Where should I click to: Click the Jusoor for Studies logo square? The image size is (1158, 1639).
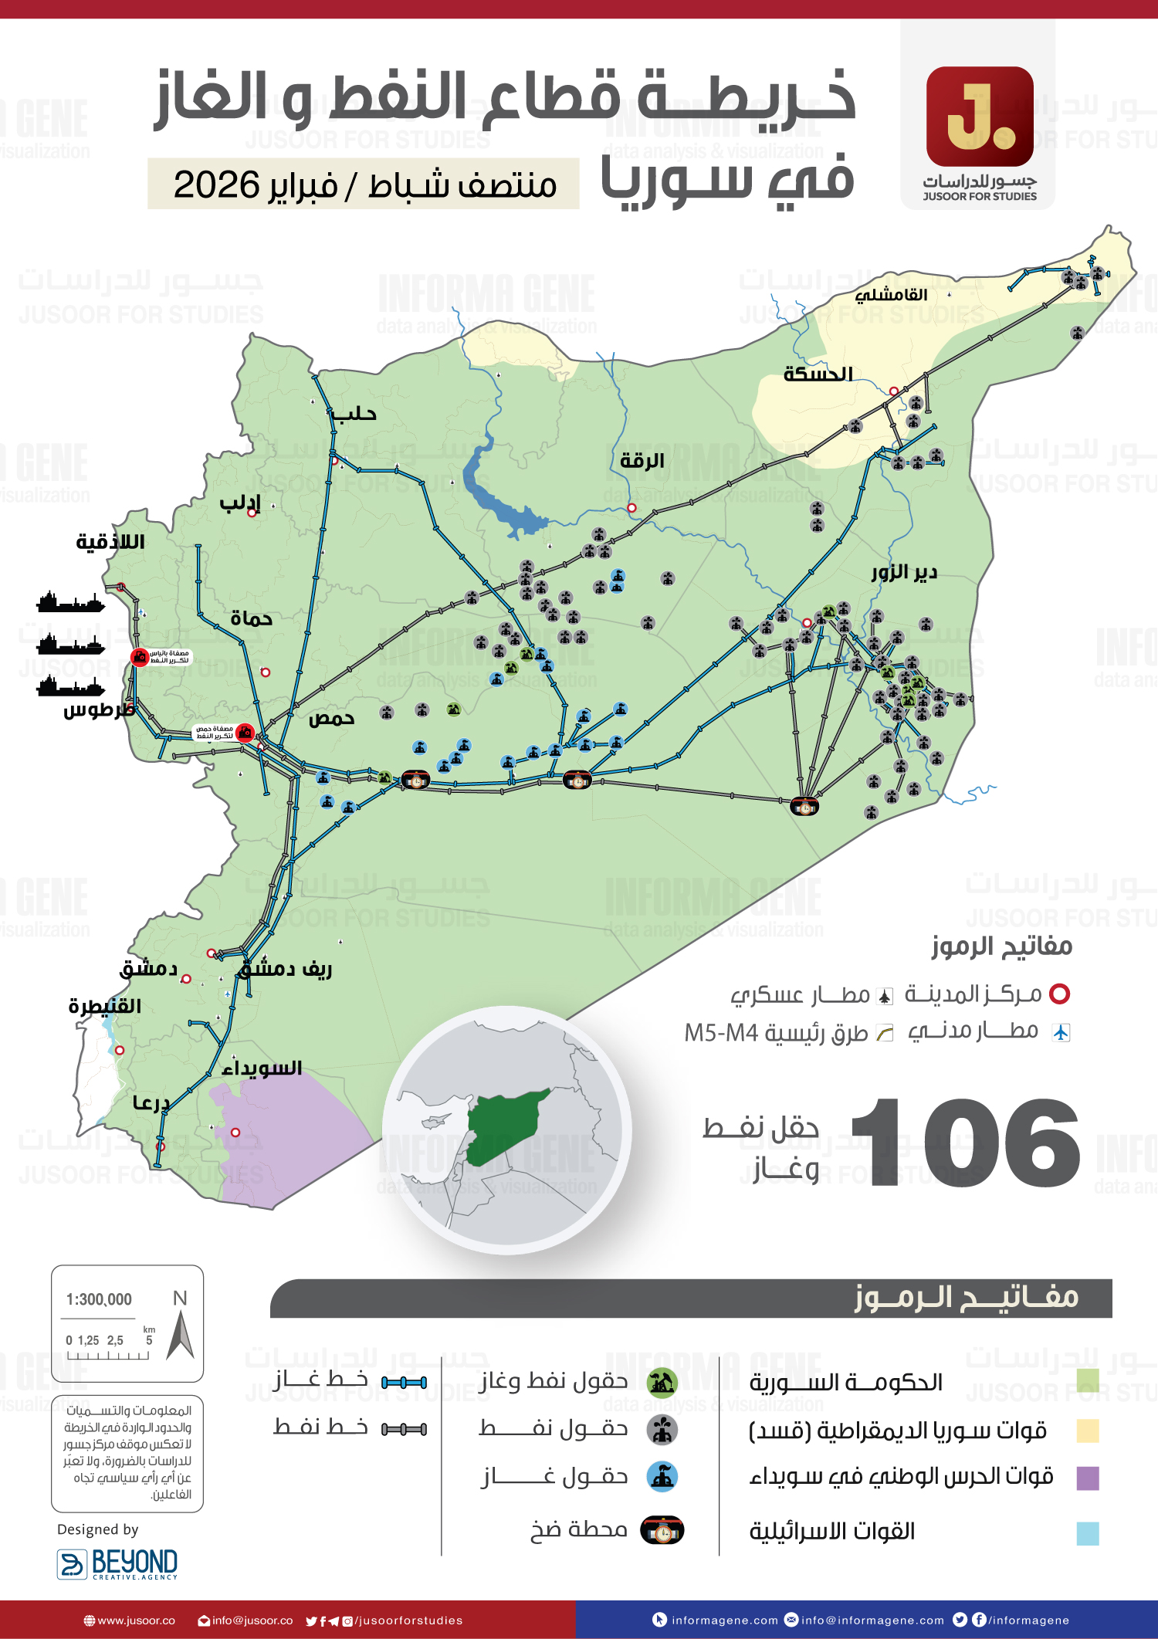(980, 117)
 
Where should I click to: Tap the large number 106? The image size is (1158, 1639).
(965, 1143)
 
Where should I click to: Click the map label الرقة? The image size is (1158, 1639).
(642, 461)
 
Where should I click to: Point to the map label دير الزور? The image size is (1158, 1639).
(904, 572)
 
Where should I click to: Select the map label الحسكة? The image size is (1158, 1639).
(818, 374)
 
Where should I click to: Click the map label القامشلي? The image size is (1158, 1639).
(891, 295)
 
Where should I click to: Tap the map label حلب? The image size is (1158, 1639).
(354, 415)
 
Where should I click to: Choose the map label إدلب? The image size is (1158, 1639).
(240, 503)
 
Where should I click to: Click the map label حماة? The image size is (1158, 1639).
(251, 618)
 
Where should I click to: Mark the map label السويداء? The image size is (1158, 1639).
(262, 1068)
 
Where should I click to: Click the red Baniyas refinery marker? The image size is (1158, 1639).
(140, 657)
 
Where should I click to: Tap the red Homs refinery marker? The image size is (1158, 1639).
(245, 732)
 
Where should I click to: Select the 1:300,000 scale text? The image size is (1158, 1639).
(99, 1299)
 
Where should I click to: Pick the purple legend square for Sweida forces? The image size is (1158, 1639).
(1087, 1478)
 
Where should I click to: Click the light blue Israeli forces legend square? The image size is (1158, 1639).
(1087, 1532)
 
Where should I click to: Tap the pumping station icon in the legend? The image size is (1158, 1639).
(662, 1530)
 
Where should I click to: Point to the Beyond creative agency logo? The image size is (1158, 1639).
(117, 1563)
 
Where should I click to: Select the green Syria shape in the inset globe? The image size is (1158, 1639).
(502, 1123)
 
